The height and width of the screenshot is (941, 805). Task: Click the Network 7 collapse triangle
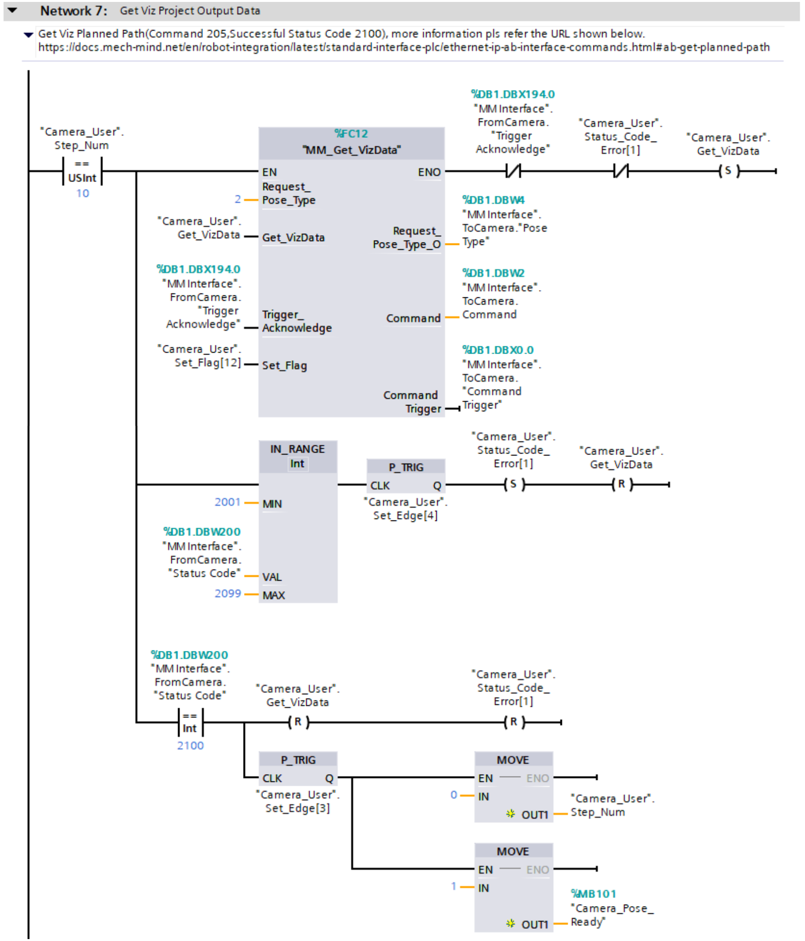pyautogui.click(x=12, y=10)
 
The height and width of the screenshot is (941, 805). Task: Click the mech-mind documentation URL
pyautogui.click(x=404, y=48)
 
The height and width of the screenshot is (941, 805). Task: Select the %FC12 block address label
pyautogui.click(x=351, y=134)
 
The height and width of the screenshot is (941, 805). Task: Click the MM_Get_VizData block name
pyautogui.click(x=351, y=150)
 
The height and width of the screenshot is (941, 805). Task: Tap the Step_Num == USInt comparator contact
pyautogui.click(x=82, y=171)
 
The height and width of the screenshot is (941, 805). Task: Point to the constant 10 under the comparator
pyautogui.click(x=82, y=194)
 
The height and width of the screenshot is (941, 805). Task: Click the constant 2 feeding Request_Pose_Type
pyautogui.click(x=238, y=199)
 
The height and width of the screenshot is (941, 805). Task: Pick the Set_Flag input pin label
pyautogui.click(x=284, y=365)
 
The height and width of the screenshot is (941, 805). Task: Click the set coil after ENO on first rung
pyautogui.click(x=728, y=171)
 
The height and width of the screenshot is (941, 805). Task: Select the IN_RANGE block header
pyautogui.click(x=297, y=449)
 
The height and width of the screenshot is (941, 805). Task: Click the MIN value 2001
pyautogui.click(x=228, y=502)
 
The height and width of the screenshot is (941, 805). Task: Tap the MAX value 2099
pyautogui.click(x=228, y=594)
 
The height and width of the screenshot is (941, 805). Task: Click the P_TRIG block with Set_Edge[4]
pyautogui.click(x=406, y=476)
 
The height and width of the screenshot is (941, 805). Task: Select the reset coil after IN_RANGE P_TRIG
pyautogui.click(x=622, y=484)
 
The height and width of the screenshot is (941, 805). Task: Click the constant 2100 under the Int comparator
pyautogui.click(x=190, y=746)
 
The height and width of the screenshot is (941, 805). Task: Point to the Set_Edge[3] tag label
pyautogui.click(x=297, y=808)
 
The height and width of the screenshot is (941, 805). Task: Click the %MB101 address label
pyautogui.click(x=593, y=894)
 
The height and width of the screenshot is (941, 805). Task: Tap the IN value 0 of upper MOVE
pyautogui.click(x=454, y=795)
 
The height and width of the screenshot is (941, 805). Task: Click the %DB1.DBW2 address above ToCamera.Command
pyautogui.click(x=493, y=273)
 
